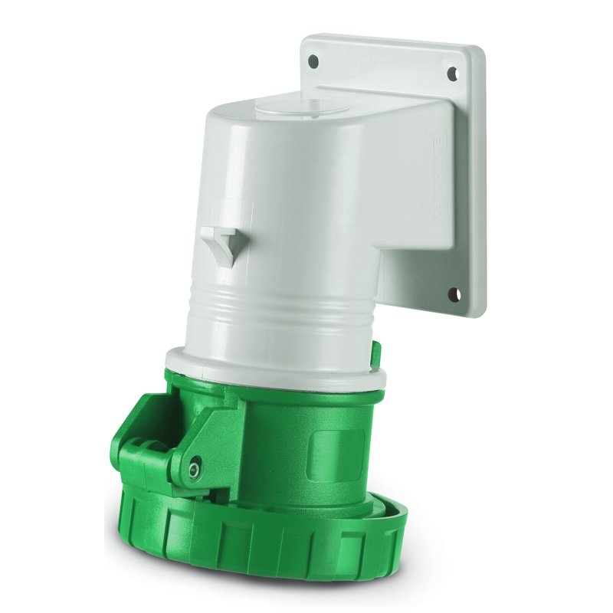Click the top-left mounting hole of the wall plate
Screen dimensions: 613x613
(x=313, y=59)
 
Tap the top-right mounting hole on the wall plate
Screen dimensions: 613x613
(x=452, y=74)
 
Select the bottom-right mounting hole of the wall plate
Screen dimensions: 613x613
(x=453, y=292)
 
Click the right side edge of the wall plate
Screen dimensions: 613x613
(x=479, y=192)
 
